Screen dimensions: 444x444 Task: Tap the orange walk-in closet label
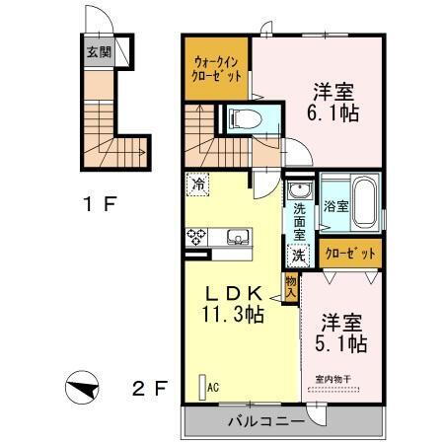[215, 68]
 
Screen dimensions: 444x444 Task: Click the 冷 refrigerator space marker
[199, 185]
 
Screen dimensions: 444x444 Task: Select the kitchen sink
[238, 236]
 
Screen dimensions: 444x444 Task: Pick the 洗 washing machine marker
[298, 254]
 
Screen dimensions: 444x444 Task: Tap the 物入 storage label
[291, 289]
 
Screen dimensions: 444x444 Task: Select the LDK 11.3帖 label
[234, 303]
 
